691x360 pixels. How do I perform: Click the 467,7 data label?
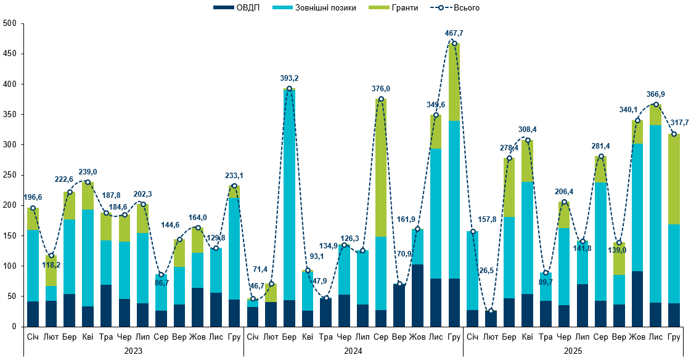tap(454, 33)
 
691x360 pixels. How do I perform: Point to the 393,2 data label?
tap(289, 78)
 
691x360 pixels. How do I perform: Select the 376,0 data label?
tap(381, 89)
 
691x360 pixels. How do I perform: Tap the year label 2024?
tap(353, 350)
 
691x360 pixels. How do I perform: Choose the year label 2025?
tap(573, 350)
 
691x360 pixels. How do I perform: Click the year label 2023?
tap(134, 350)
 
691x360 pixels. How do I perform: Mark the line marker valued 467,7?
tap(454, 43)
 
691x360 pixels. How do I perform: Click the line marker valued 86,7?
tap(161, 274)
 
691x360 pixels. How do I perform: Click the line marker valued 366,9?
tap(656, 104)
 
